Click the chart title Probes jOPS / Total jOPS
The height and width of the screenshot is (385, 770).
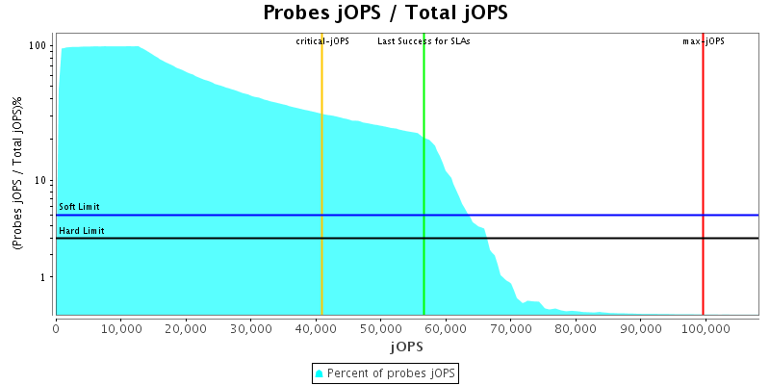tap(385, 13)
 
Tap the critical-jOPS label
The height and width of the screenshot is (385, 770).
tap(322, 41)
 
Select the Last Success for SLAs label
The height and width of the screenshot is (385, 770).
tap(423, 41)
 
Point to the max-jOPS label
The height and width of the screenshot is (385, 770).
tap(704, 41)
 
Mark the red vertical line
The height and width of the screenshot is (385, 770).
tap(703, 144)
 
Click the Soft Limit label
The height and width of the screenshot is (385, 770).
tap(79, 207)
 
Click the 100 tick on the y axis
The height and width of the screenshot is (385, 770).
tap(39, 46)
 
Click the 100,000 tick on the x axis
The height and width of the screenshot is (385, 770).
tap(705, 328)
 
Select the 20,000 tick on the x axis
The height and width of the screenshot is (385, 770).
tap(186, 328)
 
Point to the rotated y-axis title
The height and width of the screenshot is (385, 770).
tap(17, 181)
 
